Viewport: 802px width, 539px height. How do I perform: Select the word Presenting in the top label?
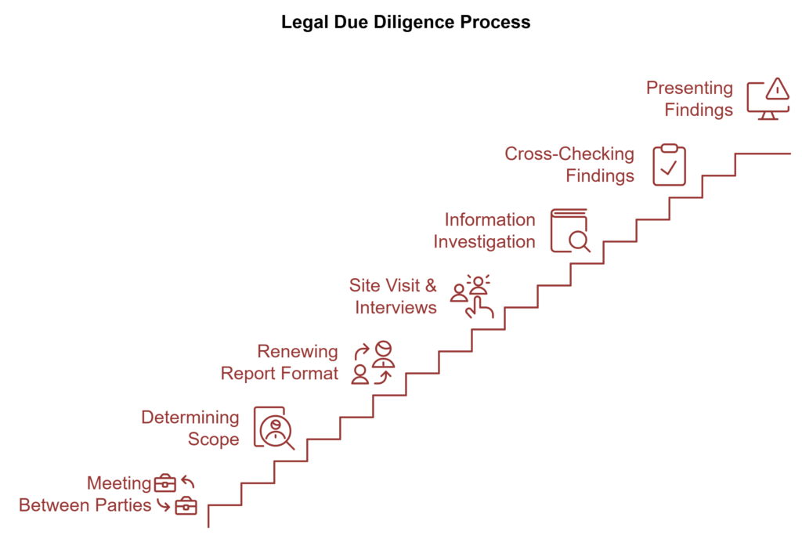tap(689, 89)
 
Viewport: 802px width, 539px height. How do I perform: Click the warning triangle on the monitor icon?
tap(778, 89)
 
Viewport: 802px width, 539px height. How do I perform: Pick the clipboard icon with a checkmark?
tap(669, 165)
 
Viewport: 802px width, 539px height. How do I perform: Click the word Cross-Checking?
tap(569, 154)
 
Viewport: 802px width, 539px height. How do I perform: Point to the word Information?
tap(490, 219)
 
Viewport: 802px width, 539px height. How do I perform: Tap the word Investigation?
tap(484, 241)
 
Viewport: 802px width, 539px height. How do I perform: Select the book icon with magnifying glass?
tap(570, 230)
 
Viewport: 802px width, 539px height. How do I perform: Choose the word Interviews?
tap(396, 307)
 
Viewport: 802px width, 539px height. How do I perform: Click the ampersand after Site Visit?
tap(431, 285)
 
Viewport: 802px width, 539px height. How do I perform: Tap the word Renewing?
tap(297, 352)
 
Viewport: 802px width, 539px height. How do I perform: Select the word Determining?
tap(190, 418)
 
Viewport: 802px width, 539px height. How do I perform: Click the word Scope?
tap(213, 440)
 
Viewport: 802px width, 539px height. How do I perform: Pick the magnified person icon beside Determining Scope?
tap(274, 429)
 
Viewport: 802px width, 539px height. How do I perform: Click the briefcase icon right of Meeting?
tap(164, 483)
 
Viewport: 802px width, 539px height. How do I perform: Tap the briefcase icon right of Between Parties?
tap(186, 506)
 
